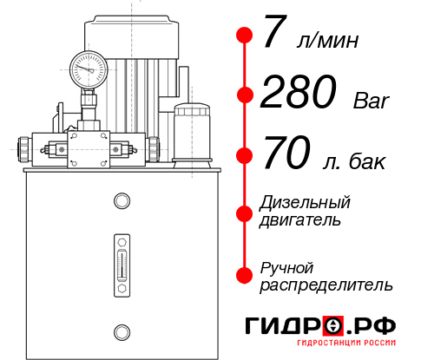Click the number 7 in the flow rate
click(x=275, y=36)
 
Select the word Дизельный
click(x=305, y=203)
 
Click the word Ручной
click(x=286, y=267)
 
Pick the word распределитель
click(x=326, y=285)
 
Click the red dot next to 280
click(x=245, y=95)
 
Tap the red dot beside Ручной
click(x=245, y=275)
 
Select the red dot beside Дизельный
click(x=245, y=212)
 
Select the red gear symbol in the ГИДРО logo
click(x=332, y=326)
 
